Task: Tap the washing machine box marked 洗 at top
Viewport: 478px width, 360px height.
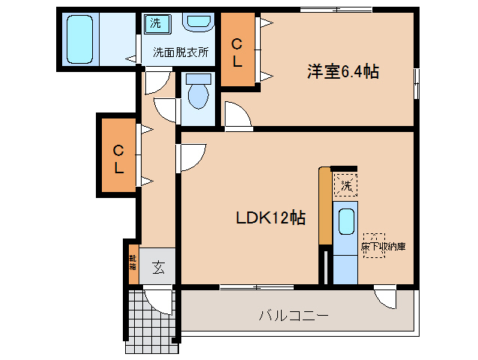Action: pyautogui.click(x=155, y=23)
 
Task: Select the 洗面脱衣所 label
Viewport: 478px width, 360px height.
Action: pyautogui.click(x=181, y=52)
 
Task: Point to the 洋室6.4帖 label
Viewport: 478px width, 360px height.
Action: pyautogui.click(x=342, y=72)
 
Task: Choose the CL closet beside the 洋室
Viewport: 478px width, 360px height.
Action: pyautogui.click(x=237, y=53)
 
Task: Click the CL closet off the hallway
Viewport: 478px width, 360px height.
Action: pyautogui.click(x=118, y=158)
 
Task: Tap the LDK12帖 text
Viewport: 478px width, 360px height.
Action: pyautogui.click(x=270, y=217)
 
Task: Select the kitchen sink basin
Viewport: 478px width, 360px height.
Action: pyautogui.click(x=345, y=222)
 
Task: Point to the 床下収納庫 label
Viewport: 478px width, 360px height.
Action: pyautogui.click(x=383, y=245)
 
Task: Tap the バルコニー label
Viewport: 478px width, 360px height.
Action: pyautogui.click(x=294, y=316)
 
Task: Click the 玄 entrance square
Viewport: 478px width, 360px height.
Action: pyautogui.click(x=158, y=266)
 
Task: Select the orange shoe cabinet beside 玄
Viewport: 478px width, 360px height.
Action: pyautogui.click(x=133, y=264)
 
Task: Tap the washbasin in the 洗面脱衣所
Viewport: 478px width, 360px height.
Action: pyautogui.click(x=198, y=22)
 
